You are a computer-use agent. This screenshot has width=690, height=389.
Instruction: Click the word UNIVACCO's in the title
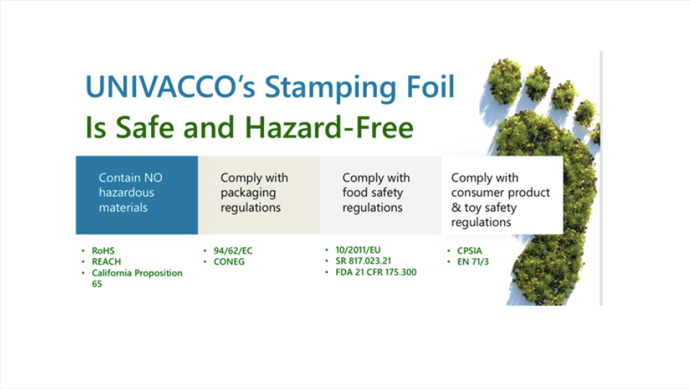pyautogui.click(x=171, y=86)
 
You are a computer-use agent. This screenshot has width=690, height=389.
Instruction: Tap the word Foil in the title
pyautogui.click(x=430, y=86)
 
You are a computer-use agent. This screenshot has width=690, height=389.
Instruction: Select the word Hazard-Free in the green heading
pyautogui.click(x=329, y=128)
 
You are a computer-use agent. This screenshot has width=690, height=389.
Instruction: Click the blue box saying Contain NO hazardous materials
pyautogui.click(x=137, y=194)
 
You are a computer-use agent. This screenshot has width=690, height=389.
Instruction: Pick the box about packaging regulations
pyautogui.click(x=259, y=194)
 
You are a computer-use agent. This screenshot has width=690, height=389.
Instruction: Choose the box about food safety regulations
pyautogui.click(x=381, y=194)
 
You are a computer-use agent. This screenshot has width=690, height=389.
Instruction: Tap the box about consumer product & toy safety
pyautogui.click(x=502, y=194)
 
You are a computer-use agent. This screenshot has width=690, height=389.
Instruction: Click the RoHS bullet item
pyautogui.click(x=103, y=251)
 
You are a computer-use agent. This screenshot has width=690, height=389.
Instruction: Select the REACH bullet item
pyautogui.click(x=106, y=261)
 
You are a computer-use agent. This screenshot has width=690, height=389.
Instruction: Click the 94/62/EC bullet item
pyautogui.click(x=233, y=251)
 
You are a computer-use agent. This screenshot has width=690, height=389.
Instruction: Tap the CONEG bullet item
pyautogui.click(x=229, y=261)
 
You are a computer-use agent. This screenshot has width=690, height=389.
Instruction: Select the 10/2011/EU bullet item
pyautogui.click(x=358, y=250)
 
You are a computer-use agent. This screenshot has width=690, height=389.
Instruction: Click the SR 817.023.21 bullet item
pyautogui.click(x=363, y=261)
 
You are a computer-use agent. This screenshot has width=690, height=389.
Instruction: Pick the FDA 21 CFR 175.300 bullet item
pyautogui.click(x=376, y=272)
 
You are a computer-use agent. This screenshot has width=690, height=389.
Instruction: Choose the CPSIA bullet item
pyautogui.click(x=470, y=251)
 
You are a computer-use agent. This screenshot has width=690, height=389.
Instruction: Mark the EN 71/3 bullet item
pyautogui.click(x=473, y=261)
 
